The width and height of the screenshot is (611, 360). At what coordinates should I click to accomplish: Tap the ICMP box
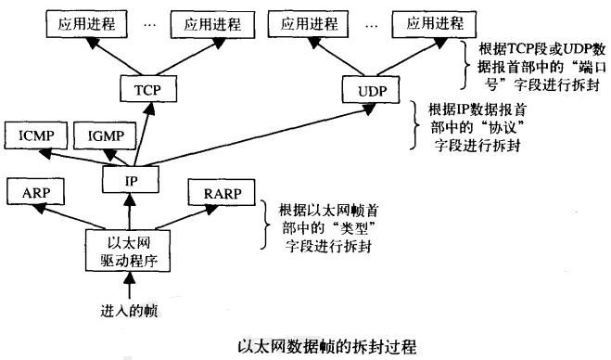pyautogui.click(x=34, y=135)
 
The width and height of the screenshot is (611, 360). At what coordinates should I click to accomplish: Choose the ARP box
pyautogui.click(x=34, y=194)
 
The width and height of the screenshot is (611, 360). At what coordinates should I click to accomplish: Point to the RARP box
pyautogui.click(x=214, y=194)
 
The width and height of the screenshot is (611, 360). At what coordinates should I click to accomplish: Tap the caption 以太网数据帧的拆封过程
pyautogui.click(x=305, y=345)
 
